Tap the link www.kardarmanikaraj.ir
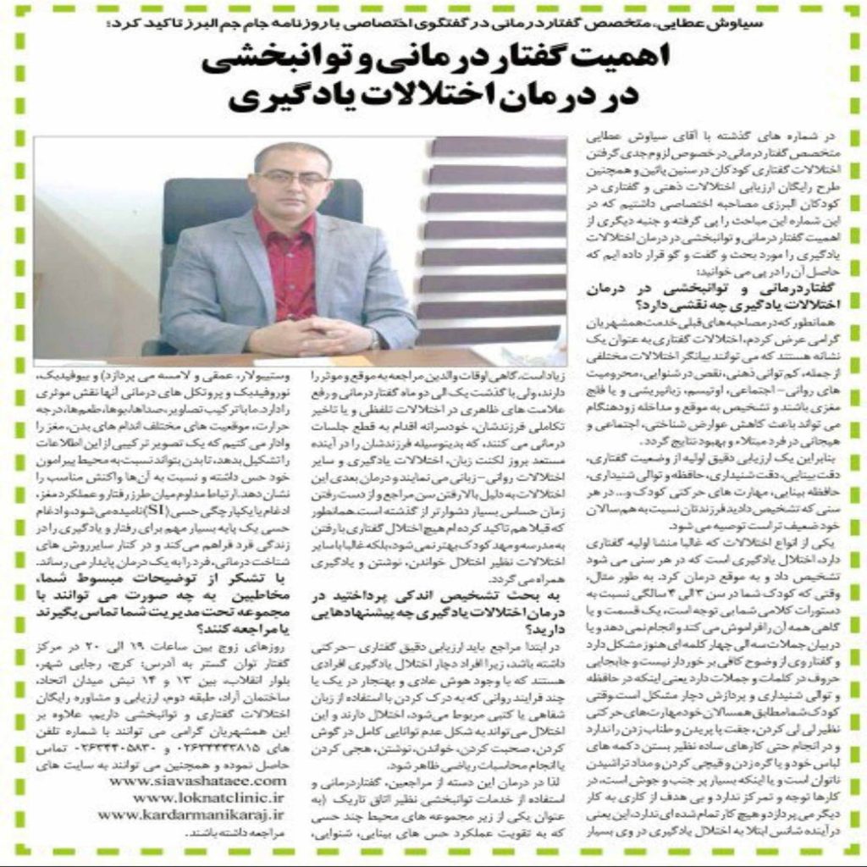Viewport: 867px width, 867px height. tap(191, 815)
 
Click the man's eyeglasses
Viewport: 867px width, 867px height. tap(292, 179)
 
